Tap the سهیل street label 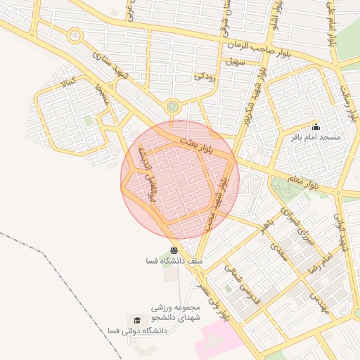[235, 62]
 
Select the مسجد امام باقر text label [316, 137]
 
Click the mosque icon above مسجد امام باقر [316, 127]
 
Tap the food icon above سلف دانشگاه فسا [174, 250]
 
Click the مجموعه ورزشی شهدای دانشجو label [176, 313]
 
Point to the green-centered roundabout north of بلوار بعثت [172, 107]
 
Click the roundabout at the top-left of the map [75, 36]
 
